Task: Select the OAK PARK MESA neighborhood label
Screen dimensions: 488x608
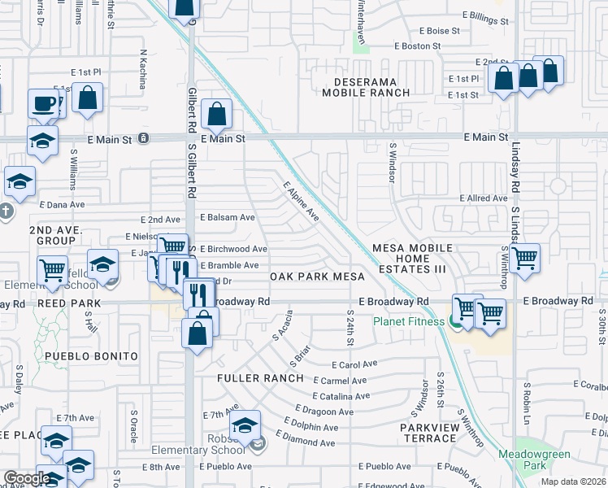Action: point(317,277)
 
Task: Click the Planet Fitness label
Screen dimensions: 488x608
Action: point(409,321)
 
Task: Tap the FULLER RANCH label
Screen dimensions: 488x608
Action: point(260,378)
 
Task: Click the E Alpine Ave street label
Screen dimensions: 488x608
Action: point(301,202)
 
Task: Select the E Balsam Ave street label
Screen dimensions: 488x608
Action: point(227,218)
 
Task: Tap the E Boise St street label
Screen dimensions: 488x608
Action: point(439,31)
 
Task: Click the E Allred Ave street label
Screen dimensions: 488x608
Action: point(484,198)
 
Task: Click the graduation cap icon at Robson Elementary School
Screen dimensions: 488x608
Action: point(245,426)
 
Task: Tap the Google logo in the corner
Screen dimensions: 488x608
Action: point(27,478)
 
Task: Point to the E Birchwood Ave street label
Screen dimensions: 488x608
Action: point(233,249)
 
